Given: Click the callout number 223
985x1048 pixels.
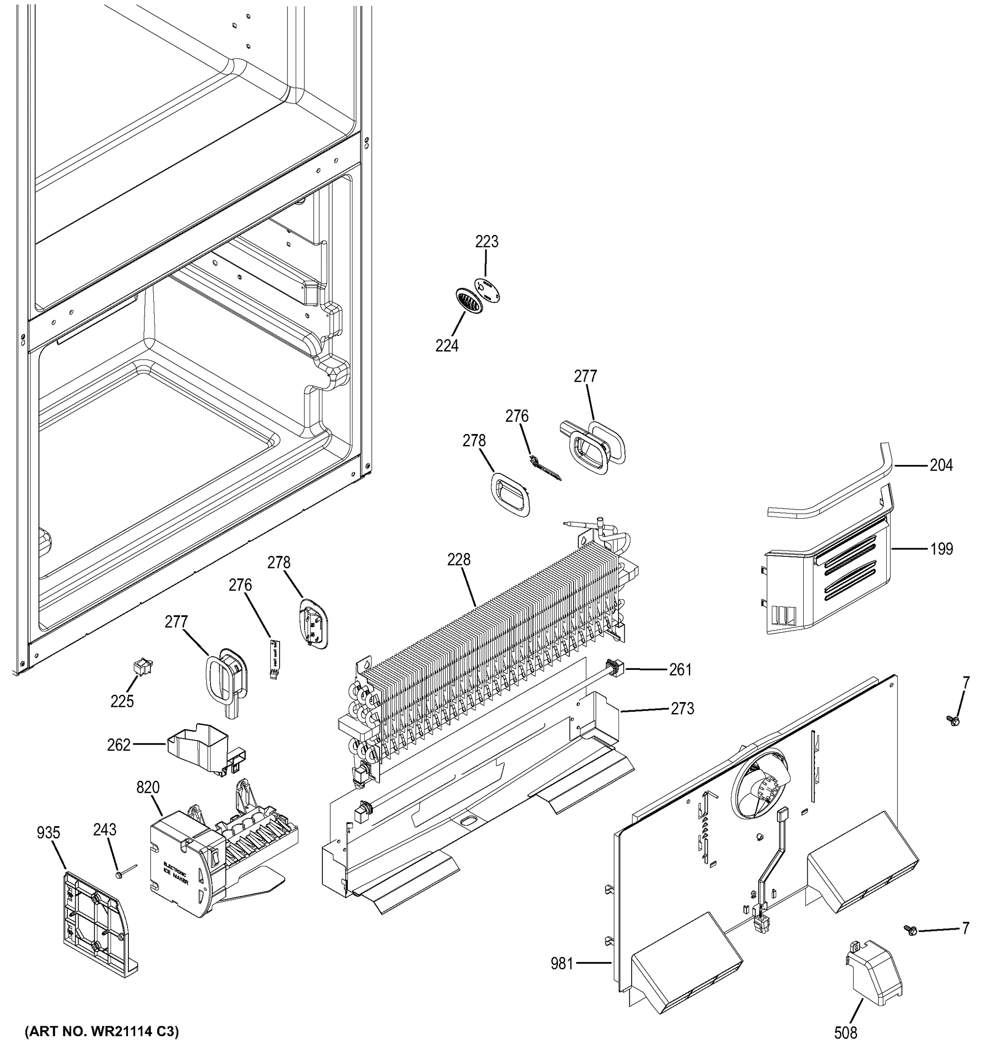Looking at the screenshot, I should point(486,242).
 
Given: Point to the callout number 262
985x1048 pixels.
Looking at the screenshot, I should point(119,745).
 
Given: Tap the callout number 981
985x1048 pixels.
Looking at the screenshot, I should point(562,964).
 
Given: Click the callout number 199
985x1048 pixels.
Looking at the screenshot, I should point(941,549).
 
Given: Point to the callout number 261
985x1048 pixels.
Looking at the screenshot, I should point(680,669).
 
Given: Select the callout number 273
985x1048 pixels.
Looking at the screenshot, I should point(682,709).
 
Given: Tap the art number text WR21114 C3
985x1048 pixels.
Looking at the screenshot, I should point(102,1031).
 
